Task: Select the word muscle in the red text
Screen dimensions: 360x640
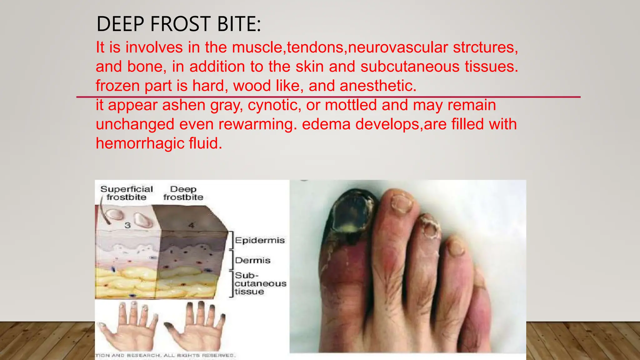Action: pyautogui.click(x=257, y=47)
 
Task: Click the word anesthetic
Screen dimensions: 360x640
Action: pyautogui.click(x=378, y=86)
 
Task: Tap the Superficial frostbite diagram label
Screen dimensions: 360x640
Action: pyautogui.click(x=127, y=193)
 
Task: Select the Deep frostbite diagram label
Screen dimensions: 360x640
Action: pyautogui.click(x=183, y=193)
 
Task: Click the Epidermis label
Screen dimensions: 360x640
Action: pyautogui.click(x=260, y=240)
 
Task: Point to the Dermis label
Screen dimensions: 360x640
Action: pyautogui.click(x=252, y=260)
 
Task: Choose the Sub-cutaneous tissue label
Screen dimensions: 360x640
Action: pyautogui.click(x=260, y=283)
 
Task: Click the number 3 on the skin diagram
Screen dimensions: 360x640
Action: pyautogui.click(x=127, y=225)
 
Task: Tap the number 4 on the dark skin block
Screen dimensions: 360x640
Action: pyautogui.click(x=191, y=225)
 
